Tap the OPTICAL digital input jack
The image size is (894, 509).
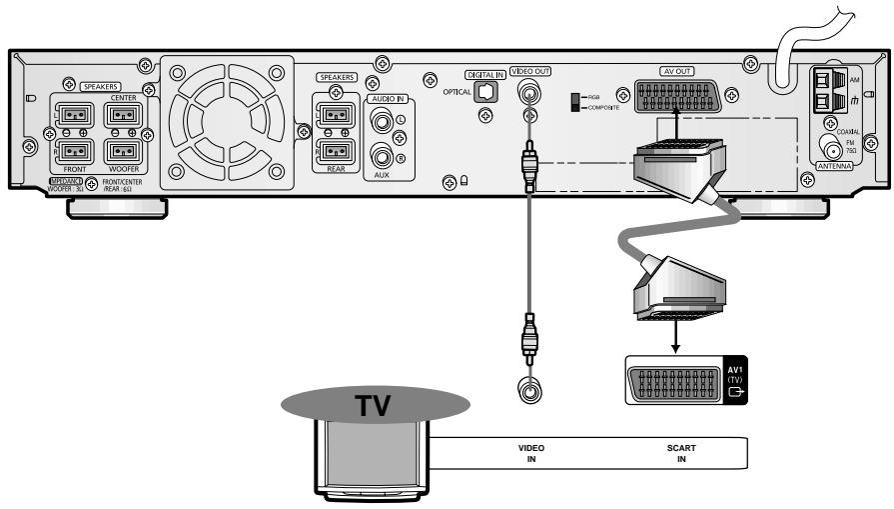pyautogui.click(x=486, y=90)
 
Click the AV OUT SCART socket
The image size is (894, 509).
pyautogui.click(x=676, y=95)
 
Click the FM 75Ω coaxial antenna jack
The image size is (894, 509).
pyautogui.click(x=828, y=144)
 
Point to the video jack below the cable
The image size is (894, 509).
pyautogui.click(x=526, y=388)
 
